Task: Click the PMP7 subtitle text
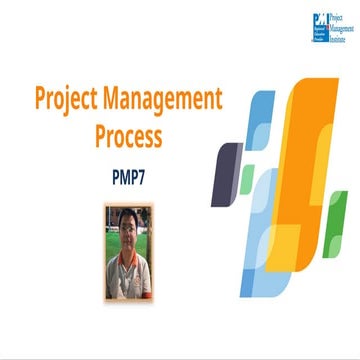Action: pyautogui.click(x=128, y=171)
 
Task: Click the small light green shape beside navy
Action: pyautogui.click(x=246, y=180)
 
